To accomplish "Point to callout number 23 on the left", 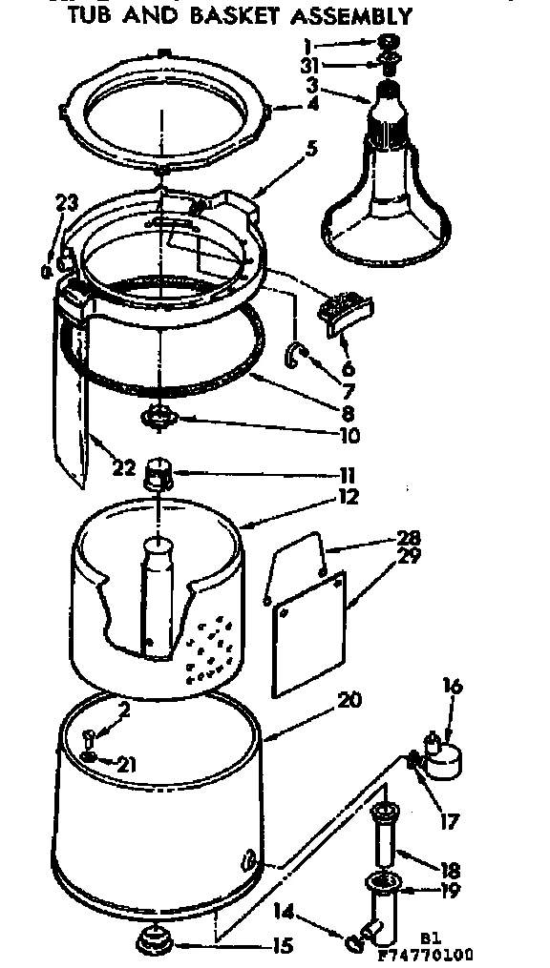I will (x=65, y=202).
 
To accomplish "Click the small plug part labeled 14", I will (x=353, y=942).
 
